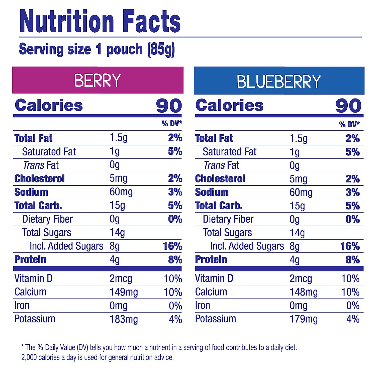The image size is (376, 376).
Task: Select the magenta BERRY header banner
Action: [x=98, y=80]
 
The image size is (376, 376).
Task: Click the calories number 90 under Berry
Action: [x=169, y=106]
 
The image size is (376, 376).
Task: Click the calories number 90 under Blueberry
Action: [x=348, y=106]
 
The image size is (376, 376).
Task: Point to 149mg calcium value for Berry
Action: [x=124, y=292]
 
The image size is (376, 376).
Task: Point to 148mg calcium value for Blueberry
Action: [x=304, y=292]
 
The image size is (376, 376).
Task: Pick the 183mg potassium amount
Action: [x=124, y=319]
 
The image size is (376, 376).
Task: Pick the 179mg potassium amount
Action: [x=304, y=319]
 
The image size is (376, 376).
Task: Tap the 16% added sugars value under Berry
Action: [x=172, y=246]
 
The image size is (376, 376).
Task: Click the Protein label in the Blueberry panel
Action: [x=211, y=260]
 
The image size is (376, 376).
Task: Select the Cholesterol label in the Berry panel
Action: [x=39, y=179]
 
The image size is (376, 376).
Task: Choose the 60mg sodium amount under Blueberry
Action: [x=301, y=193]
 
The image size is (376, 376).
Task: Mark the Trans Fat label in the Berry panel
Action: [x=41, y=165]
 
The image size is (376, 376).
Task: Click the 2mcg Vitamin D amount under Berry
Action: [x=121, y=279]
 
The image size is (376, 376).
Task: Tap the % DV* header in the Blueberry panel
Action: [x=349, y=124]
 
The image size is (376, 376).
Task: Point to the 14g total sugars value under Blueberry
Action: [x=297, y=233]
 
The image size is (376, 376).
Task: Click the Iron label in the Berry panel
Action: [x=22, y=306]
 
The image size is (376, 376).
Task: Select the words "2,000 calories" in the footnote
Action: [x=41, y=357]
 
